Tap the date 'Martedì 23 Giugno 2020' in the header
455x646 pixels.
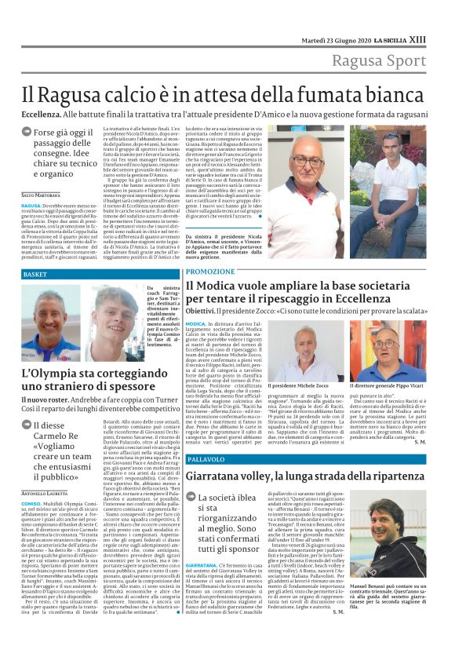click(337, 39)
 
